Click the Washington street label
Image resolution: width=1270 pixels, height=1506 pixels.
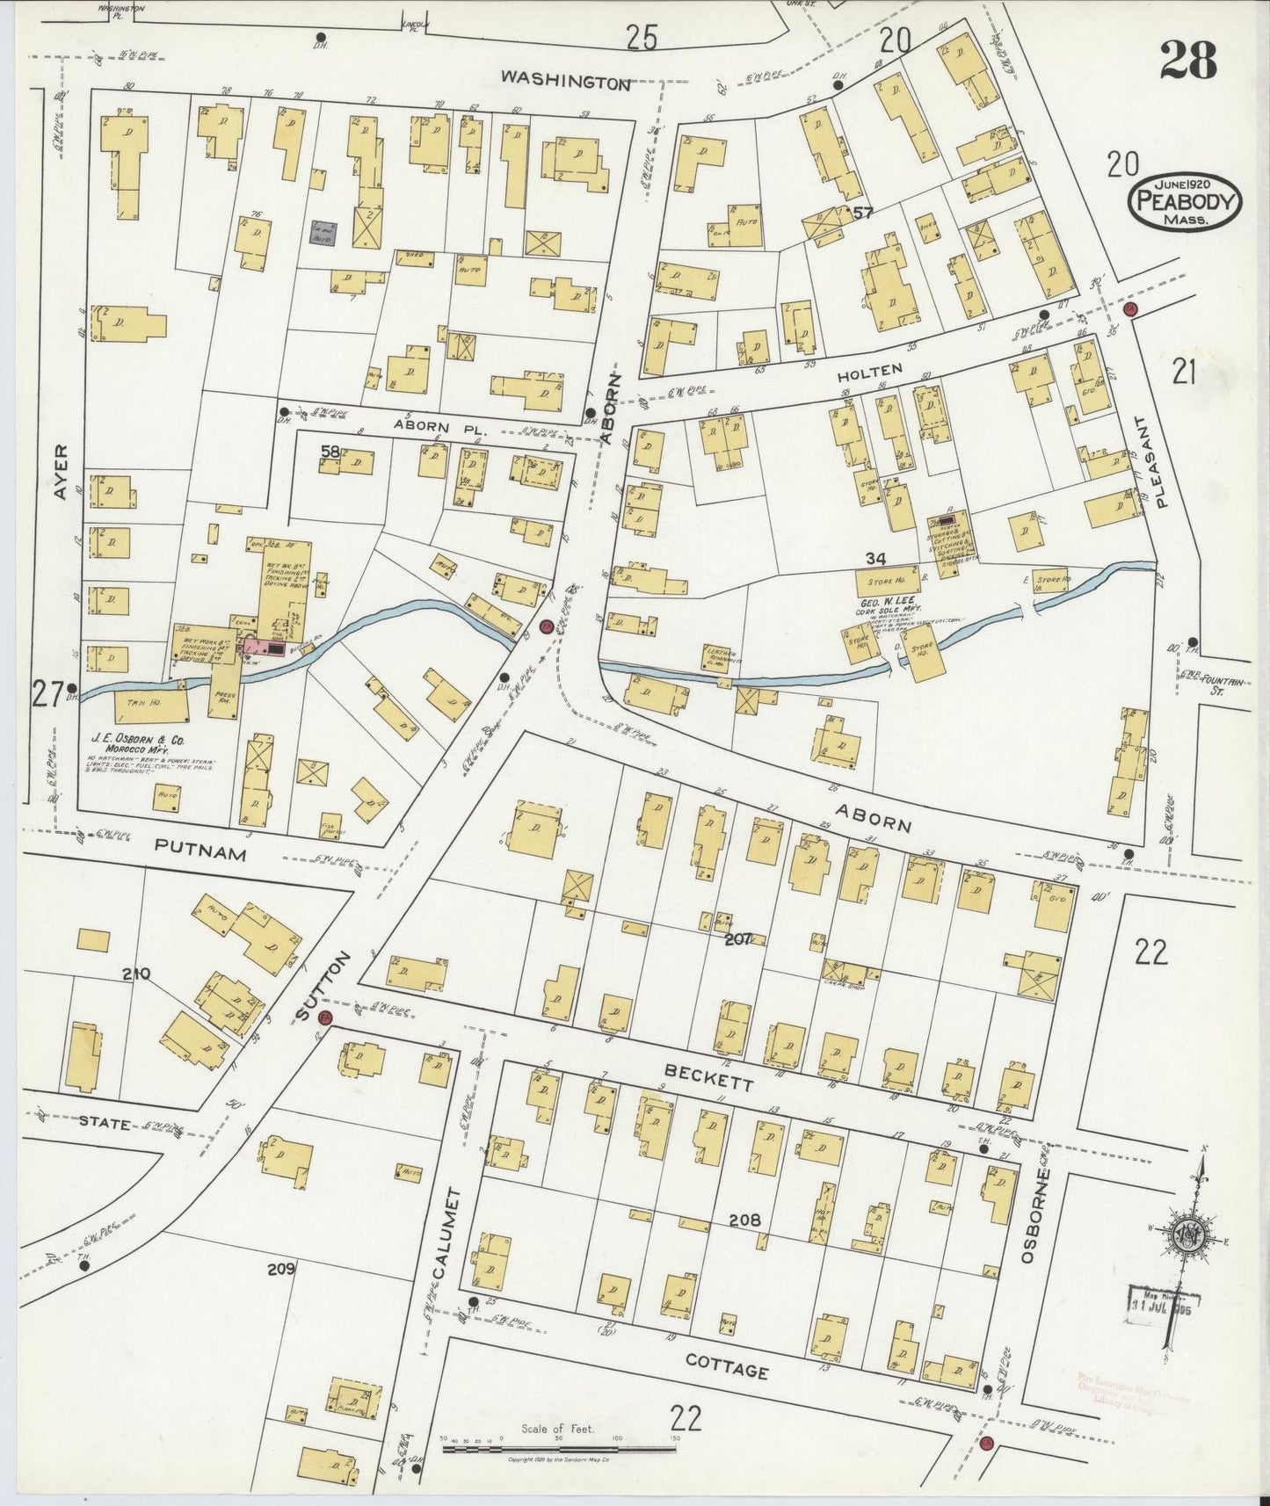point(566,81)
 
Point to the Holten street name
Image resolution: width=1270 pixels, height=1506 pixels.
point(875,371)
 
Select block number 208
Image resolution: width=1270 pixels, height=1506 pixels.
point(744,1220)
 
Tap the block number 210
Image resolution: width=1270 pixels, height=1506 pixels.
point(139,973)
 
